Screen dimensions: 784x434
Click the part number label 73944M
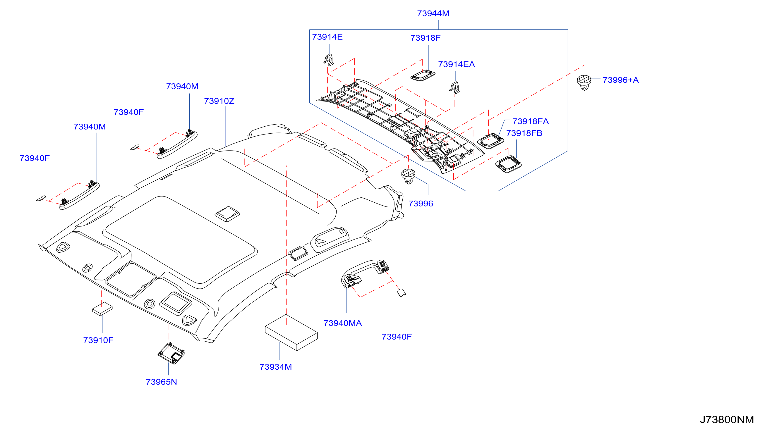433,13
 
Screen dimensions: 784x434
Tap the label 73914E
327,37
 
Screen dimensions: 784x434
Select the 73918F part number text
425,38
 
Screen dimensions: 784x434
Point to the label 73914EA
456,64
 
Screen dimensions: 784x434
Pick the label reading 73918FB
524,133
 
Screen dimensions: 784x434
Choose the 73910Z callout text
219,101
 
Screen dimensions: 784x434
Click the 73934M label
275,367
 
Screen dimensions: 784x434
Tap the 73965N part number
161,382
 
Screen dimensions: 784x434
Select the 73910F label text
98,340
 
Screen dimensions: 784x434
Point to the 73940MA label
342,323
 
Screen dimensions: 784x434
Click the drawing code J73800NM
727,420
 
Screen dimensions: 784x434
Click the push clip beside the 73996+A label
584,82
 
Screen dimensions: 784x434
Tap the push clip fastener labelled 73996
409,176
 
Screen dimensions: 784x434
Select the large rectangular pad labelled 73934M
291,333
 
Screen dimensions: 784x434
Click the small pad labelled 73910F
102,309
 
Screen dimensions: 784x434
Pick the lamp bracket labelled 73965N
171,353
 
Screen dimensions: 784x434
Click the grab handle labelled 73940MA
365,273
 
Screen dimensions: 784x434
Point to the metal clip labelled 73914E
328,60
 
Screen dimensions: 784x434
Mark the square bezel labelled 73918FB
508,164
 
